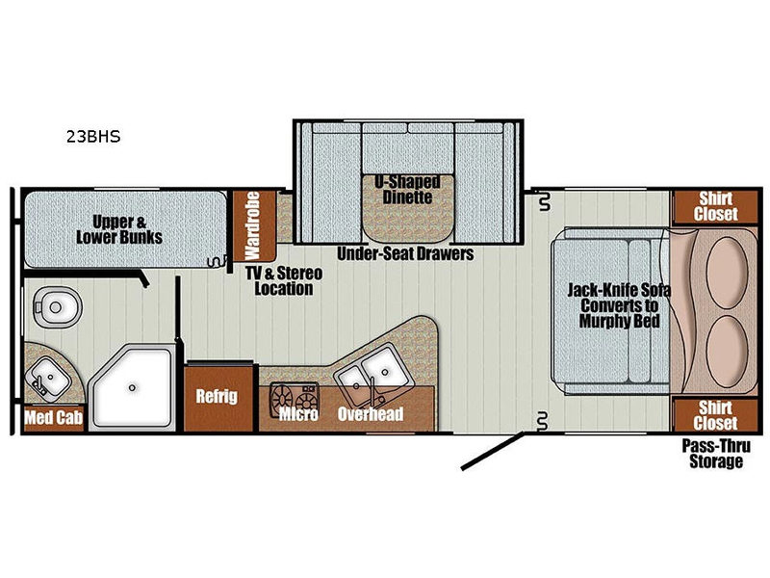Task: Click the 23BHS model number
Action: click(93, 136)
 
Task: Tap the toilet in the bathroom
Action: click(57, 306)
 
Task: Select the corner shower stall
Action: click(133, 387)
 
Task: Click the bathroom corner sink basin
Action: click(48, 377)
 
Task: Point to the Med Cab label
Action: click(54, 418)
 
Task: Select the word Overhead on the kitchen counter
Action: click(371, 414)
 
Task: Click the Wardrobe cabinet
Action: click(253, 225)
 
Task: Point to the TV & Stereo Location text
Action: click(284, 280)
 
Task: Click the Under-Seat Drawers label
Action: click(405, 254)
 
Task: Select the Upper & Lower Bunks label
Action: click(119, 229)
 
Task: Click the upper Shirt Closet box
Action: click(715, 206)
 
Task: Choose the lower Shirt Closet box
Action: click(715, 415)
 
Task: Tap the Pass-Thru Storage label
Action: click(716, 454)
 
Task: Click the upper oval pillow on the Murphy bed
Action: click(727, 273)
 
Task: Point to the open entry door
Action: click(493, 451)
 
